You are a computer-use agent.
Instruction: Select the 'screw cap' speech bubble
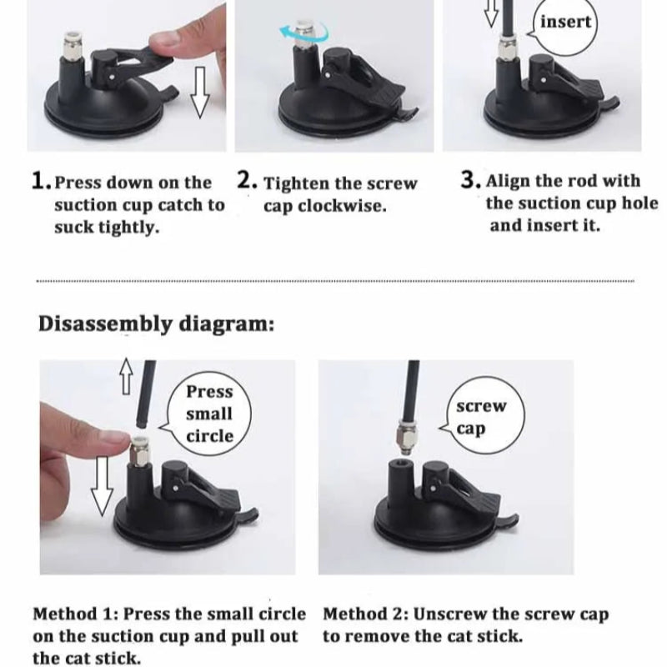484,415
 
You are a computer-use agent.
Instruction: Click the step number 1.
42,181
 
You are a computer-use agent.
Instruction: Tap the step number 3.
470,179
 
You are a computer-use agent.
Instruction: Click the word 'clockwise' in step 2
342,206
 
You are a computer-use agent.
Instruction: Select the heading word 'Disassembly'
105,324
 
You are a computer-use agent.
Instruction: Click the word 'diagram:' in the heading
227,325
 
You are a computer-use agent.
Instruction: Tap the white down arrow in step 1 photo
199,92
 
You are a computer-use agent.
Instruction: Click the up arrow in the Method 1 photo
126,376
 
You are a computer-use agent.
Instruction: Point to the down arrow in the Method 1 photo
103,485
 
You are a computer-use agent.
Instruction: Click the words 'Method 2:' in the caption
366,614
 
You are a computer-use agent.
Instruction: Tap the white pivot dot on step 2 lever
327,76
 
